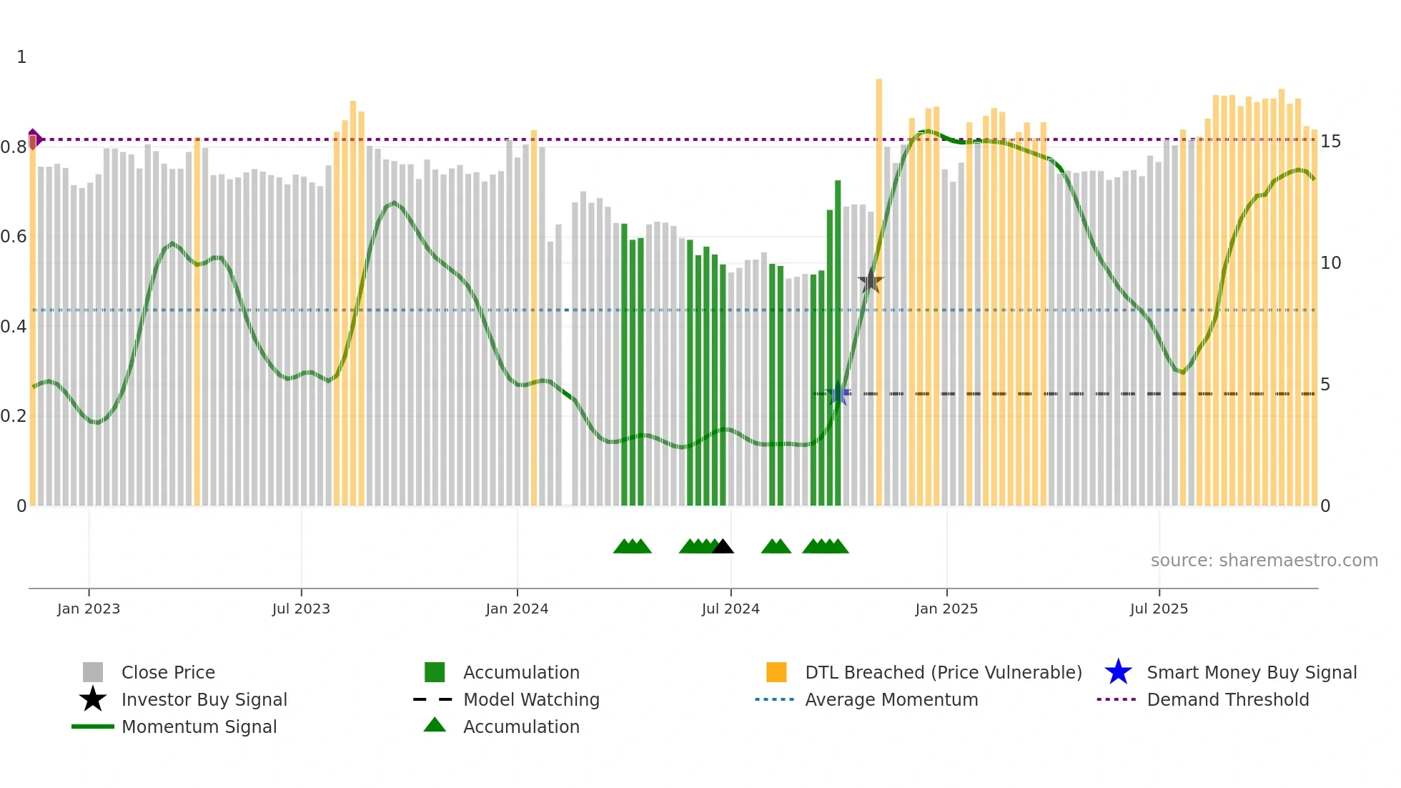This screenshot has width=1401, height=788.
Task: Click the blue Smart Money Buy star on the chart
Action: tap(838, 394)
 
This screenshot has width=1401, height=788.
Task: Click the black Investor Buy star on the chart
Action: tap(870, 281)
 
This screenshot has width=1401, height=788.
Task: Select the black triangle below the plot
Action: tap(723, 547)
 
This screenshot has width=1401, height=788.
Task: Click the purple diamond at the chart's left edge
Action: tap(34, 139)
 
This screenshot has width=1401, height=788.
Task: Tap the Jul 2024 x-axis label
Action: tap(730, 609)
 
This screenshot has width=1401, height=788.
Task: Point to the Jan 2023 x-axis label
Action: tap(89, 609)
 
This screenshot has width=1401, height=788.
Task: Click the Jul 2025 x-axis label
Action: tap(1159, 609)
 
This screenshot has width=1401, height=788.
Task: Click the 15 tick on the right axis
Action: tap(1330, 142)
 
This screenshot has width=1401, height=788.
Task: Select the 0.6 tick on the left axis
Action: tap(14, 237)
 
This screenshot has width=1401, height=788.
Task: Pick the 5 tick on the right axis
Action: tap(1325, 385)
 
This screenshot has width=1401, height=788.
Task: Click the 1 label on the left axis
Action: tap(21, 57)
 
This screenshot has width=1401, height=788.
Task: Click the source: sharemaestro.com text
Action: tap(1264, 561)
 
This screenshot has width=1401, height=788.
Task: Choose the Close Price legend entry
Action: tap(168, 672)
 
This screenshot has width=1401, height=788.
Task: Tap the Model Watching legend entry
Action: tap(530, 699)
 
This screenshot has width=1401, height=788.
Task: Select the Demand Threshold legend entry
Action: tap(1227, 699)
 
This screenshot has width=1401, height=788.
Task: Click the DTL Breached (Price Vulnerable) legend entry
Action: tap(943, 672)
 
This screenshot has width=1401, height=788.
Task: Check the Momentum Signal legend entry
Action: tap(199, 727)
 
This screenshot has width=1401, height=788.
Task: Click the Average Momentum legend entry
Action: tap(891, 699)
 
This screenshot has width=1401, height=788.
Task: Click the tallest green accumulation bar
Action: tap(838, 343)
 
